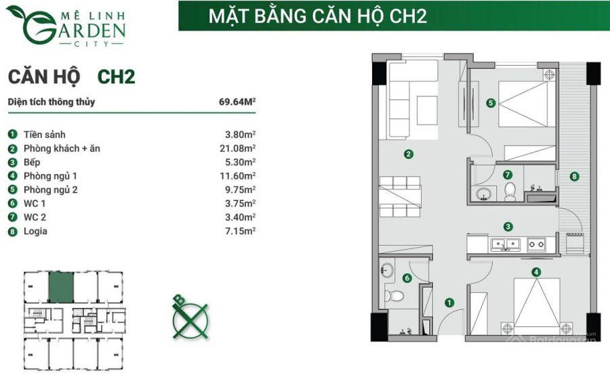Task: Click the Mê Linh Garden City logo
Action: click(66, 26)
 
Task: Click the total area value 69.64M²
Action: click(237, 102)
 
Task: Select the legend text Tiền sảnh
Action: click(44, 135)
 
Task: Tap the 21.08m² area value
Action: click(238, 148)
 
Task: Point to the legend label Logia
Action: click(35, 231)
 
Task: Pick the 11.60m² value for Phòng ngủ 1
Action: click(238, 176)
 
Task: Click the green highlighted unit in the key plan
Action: click(61, 287)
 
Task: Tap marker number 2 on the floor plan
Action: click(408, 154)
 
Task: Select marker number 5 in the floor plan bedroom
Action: click(491, 103)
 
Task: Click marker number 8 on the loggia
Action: click(574, 177)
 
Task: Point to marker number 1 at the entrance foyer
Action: click(449, 303)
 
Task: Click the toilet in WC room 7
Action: click(510, 192)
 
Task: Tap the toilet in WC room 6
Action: click(394, 296)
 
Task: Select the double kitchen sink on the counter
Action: click(505, 244)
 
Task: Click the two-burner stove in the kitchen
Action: click(536, 244)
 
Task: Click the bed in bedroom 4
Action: click(537, 305)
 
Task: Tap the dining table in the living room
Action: click(401, 196)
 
